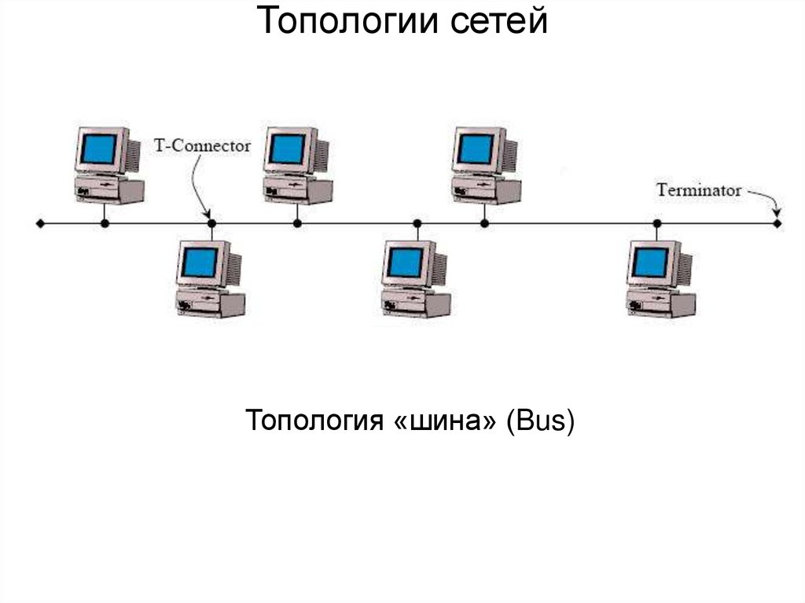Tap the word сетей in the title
point(498,22)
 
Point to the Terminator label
point(699,189)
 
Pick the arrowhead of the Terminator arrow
point(777,214)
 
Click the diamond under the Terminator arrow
point(777,224)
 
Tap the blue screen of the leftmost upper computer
point(97,149)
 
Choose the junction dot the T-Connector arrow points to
point(211,224)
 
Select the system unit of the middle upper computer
point(300,189)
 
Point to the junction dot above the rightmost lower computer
point(657,224)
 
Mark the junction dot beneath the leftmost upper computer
point(105,224)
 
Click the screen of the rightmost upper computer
point(476,149)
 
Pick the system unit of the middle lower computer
point(416,303)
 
